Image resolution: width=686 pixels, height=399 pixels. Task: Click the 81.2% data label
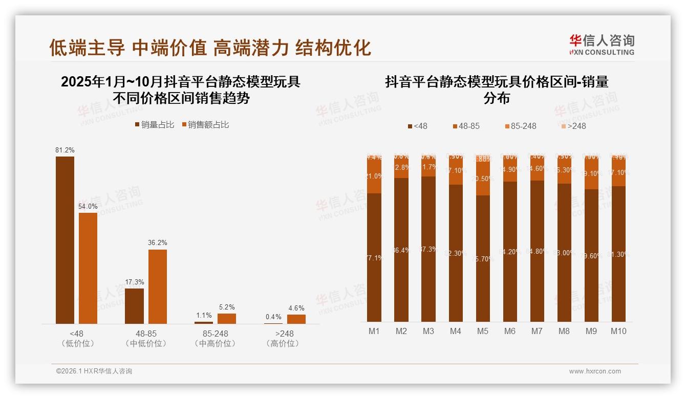65,150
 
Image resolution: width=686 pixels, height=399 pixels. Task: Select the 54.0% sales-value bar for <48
88,268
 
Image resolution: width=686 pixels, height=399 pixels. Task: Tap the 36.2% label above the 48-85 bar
158,243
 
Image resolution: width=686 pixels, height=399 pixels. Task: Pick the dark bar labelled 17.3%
134,306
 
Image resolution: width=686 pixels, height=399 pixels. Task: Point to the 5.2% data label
227,307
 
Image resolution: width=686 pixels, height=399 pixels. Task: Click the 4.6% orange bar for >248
296,319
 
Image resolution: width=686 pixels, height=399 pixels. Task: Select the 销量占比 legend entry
155,125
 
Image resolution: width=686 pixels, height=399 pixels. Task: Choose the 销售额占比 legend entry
205,125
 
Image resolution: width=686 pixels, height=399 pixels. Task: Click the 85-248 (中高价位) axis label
215,339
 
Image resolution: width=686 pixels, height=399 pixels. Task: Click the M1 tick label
374,331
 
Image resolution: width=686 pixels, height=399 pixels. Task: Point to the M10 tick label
618,331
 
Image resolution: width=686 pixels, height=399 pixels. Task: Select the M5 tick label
483,331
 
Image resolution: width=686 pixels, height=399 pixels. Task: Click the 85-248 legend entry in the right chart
520,126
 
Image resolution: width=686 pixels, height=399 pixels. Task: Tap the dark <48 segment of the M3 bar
428,249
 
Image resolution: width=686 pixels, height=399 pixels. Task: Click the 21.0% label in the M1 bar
374,176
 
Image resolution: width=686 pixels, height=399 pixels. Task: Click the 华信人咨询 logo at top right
602,45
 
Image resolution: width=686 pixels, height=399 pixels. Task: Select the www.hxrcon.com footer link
595,371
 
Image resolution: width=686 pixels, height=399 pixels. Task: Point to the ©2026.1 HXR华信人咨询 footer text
94,371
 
